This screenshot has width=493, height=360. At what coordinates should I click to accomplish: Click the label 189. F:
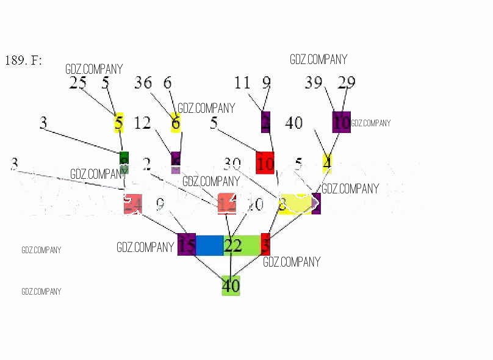23,60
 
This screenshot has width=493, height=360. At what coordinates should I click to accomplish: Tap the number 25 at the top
77,83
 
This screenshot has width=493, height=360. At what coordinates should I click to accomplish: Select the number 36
143,83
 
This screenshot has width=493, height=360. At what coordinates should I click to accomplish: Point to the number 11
243,82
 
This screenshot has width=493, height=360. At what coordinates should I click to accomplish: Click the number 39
314,83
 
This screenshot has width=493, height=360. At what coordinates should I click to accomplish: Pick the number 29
346,83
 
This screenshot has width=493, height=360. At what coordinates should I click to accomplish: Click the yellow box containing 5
118,123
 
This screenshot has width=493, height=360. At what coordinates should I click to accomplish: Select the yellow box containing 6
176,123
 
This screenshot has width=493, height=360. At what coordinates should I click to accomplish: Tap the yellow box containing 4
327,163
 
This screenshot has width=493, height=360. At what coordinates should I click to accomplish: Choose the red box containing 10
265,164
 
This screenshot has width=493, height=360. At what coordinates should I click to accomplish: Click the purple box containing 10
341,122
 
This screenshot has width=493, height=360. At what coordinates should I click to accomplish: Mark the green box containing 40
231,286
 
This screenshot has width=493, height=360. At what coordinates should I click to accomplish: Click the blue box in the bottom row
209,245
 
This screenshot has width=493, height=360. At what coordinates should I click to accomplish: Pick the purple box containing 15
187,245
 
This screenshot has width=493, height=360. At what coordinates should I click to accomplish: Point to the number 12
142,123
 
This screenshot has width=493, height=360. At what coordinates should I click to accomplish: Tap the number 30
232,164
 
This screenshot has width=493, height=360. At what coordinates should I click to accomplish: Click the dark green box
124,158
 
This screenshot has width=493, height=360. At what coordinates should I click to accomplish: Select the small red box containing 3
265,244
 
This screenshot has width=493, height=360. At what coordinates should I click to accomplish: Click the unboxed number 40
293,123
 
